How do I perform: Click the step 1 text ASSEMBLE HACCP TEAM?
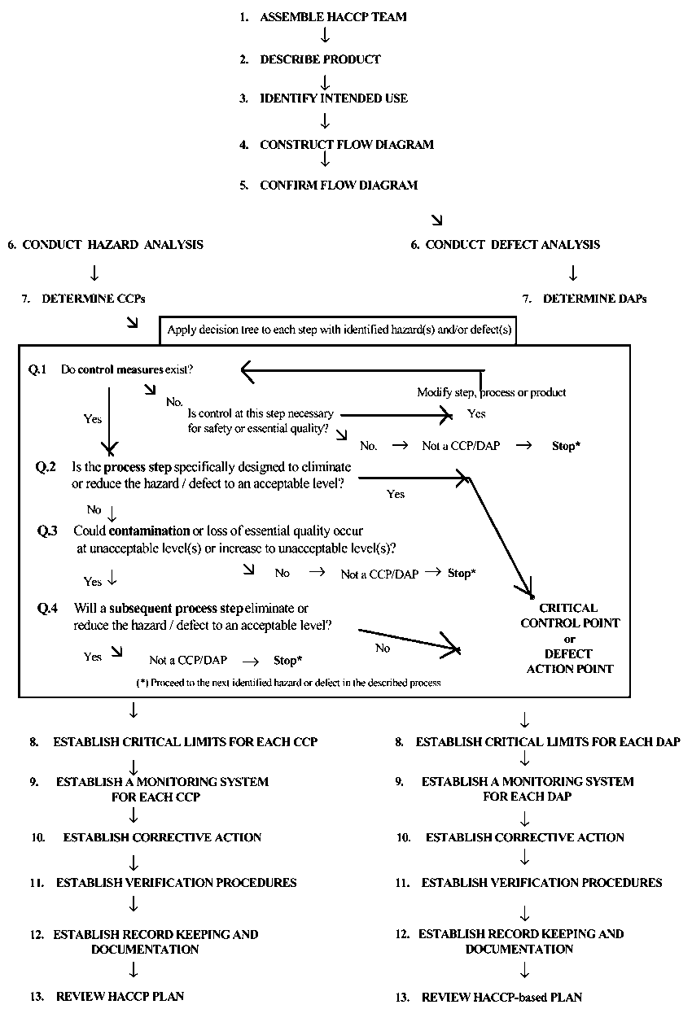coord(333,17)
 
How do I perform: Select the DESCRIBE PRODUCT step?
coord(320,59)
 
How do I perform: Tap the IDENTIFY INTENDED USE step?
coord(334,98)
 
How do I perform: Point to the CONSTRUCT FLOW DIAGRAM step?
coord(347,145)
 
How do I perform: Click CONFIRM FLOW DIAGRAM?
coord(339,186)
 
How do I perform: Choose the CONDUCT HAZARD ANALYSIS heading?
coord(112,245)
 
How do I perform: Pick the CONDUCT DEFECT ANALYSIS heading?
coord(513,245)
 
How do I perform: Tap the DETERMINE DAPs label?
coord(594,299)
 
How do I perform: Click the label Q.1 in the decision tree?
coord(37,369)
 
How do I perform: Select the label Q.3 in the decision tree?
coord(47,531)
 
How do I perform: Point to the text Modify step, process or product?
coord(492,392)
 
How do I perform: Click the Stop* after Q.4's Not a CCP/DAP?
coord(287,660)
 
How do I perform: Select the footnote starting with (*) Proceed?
coord(288,683)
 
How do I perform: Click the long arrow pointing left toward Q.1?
coord(358,371)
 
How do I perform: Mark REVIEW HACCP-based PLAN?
coord(501,997)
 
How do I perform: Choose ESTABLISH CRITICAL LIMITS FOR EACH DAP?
coord(548,742)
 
